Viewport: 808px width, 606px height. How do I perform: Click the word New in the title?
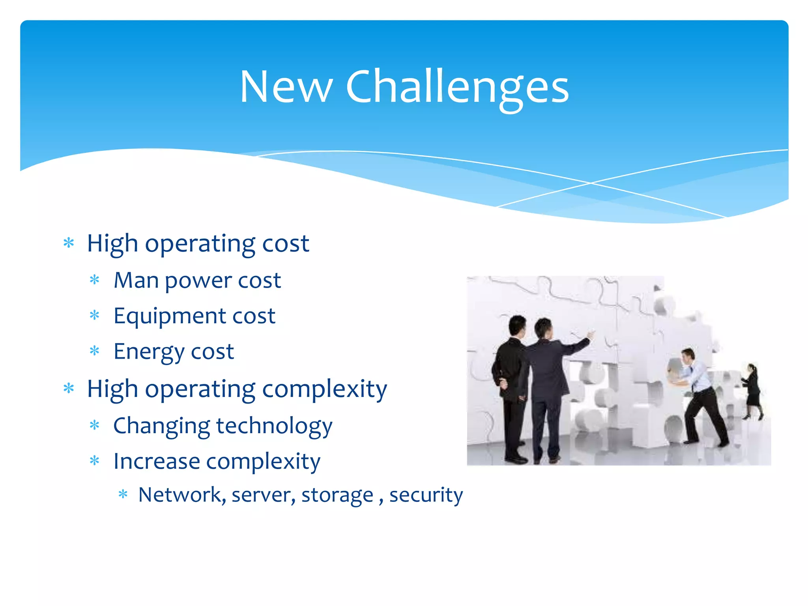[286, 88]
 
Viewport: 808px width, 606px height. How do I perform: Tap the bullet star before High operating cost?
[69, 243]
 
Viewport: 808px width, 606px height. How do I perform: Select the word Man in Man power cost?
[136, 281]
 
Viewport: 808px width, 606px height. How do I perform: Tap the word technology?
[274, 426]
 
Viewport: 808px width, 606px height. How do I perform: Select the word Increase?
[157, 461]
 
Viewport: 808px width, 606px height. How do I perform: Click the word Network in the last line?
[180, 495]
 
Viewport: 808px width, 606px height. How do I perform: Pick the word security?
[426, 496]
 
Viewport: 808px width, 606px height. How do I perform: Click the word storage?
[337, 496]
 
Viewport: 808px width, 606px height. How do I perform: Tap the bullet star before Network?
[123, 494]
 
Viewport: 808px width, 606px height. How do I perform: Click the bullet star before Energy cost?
[94, 351]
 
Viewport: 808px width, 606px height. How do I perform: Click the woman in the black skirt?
[752, 391]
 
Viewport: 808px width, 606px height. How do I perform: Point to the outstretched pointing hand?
[591, 336]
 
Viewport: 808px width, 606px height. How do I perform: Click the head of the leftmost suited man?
[517, 325]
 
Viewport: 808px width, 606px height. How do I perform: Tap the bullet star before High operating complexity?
[69, 389]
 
